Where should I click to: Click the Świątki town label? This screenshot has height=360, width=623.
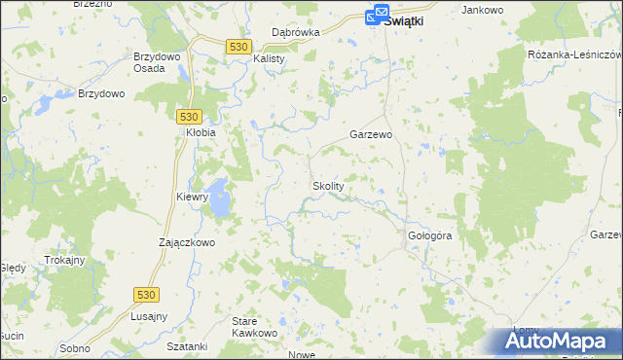click(408, 18)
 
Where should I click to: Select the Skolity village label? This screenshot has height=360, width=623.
click(328, 185)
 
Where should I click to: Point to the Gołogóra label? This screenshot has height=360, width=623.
click(429, 236)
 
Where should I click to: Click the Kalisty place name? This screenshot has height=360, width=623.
click(269, 58)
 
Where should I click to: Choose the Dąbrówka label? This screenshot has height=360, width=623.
click(296, 32)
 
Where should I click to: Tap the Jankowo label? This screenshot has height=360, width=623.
click(485, 10)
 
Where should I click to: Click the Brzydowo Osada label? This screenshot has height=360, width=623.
click(157, 62)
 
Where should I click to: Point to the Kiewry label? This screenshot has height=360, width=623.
click(193, 197)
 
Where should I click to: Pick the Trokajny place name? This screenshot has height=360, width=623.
click(66, 261)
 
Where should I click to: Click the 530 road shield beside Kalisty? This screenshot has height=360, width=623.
click(239, 46)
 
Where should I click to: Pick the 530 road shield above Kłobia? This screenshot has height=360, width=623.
click(190, 114)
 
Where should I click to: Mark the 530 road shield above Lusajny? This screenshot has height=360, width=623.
click(146, 294)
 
